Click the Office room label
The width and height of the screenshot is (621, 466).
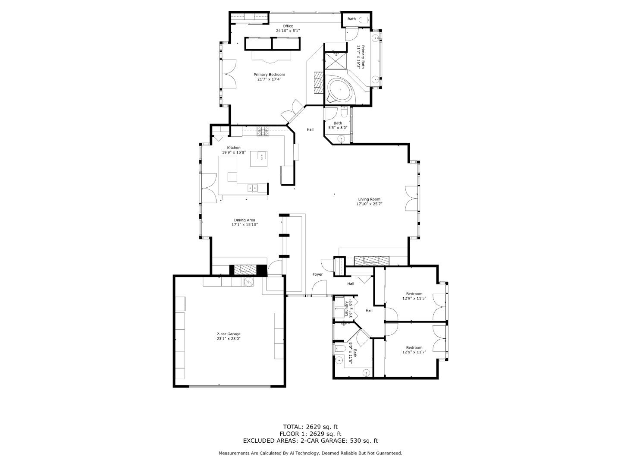[x=288, y=26]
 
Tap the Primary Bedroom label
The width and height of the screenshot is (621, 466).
[x=269, y=75]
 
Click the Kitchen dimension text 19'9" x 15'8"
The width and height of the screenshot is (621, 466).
[x=234, y=152]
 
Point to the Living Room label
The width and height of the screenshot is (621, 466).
[x=369, y=199]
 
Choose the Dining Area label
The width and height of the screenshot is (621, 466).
[x=245, y=220]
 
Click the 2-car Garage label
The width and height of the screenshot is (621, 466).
[x=228, y=334]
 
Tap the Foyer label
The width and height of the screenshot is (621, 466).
[x=317, y=274]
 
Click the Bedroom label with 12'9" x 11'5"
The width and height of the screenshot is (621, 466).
[x=414, y=294]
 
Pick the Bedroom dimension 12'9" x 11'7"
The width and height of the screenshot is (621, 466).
[x=414, y=353]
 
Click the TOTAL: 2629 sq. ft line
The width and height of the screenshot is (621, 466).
[x=310, y=427]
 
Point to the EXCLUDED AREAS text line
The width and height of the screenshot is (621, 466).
[x=310, y=441]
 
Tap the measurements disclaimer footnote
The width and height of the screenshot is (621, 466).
[x=310, y=453]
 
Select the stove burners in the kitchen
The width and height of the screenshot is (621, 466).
[x=263, y=131]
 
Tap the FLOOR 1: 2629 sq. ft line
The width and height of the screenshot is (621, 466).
[x=310, y=434]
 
